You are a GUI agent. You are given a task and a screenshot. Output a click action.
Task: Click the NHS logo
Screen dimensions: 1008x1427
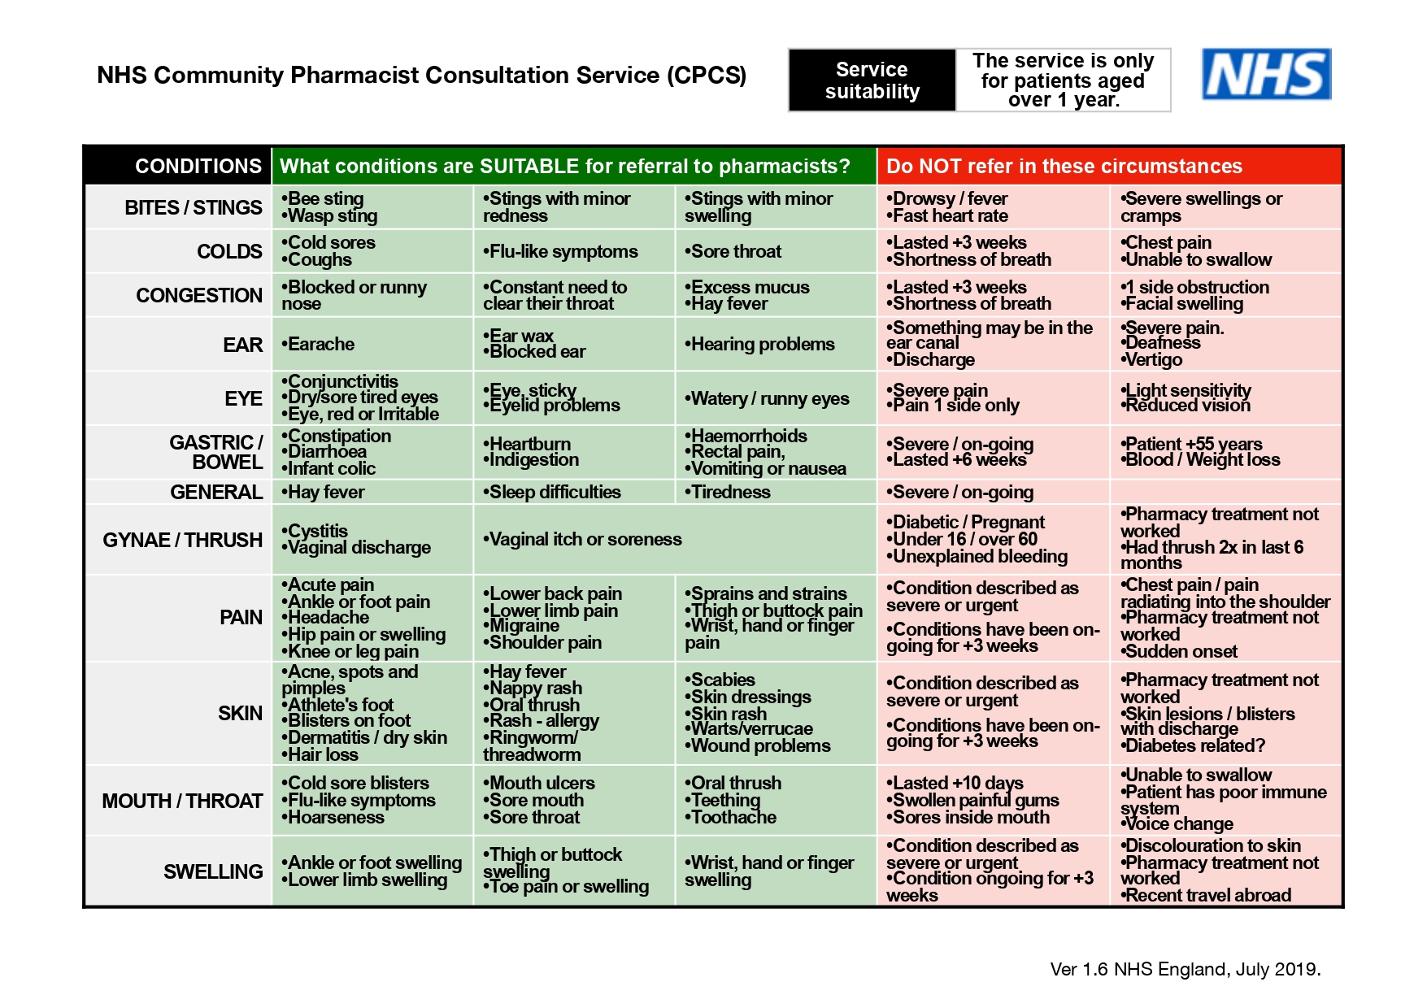[x=1266, y=74]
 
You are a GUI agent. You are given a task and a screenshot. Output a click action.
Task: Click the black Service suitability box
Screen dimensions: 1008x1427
[x=872, y=80]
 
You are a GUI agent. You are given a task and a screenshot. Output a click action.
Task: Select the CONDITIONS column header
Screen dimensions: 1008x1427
[x=198, y=166]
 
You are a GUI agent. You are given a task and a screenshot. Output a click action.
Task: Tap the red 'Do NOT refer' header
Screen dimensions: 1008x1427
[x=1064, y=166]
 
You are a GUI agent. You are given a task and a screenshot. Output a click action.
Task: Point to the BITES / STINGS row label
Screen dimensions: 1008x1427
[x=194, y=207]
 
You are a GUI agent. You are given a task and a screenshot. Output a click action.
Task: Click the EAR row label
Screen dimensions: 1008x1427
[x=243, y=345]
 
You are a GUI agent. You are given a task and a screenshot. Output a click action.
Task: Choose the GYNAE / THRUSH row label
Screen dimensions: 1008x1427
[x=183, y=540]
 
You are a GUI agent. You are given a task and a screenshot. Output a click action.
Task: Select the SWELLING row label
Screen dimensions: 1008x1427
[x=213, y=871]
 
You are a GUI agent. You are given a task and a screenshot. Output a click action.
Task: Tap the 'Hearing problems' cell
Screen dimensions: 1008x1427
[x=762, y=344]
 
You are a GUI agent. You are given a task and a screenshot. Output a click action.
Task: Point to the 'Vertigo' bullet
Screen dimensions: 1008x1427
[x=1152, y=359]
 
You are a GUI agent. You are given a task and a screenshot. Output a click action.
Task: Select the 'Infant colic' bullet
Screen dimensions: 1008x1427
[x=330, y=468]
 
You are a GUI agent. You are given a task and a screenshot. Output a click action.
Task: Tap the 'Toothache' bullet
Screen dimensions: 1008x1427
[x=733, y=817]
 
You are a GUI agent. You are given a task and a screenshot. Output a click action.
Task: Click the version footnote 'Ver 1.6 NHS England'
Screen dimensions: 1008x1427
[x=1185, y=969]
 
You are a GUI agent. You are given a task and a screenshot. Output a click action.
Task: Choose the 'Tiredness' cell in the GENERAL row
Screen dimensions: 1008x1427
[x=729, y=492]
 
